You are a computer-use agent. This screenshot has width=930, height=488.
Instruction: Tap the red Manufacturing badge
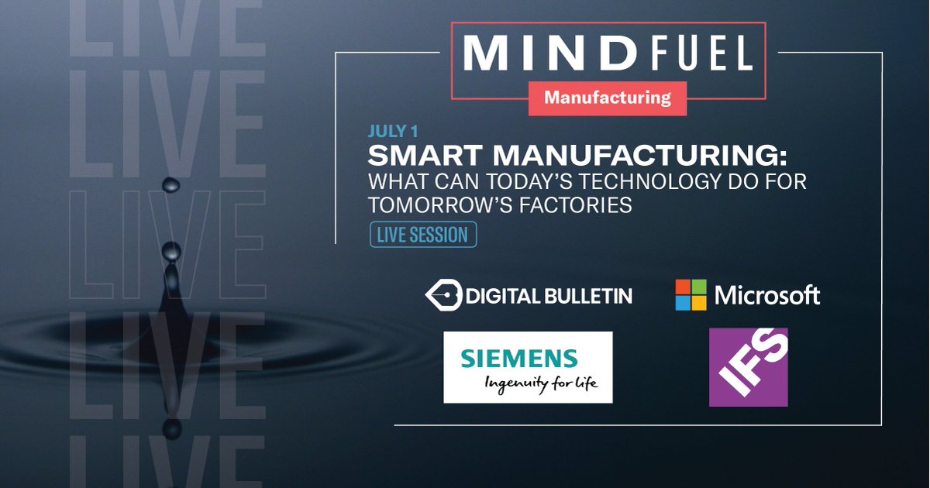607,98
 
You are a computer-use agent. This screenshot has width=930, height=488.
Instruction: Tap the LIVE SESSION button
422,235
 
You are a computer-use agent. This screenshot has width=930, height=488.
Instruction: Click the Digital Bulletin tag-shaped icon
443,295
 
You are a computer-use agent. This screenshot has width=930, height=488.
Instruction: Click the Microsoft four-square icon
691,295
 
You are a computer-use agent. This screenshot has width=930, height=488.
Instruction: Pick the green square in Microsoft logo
698,287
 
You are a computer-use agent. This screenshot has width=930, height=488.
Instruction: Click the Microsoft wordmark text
766,295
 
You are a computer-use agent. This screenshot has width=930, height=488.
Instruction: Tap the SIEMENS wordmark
518,359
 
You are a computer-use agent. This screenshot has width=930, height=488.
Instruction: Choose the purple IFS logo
748,367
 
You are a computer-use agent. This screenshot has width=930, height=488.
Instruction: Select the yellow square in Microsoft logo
698,303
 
